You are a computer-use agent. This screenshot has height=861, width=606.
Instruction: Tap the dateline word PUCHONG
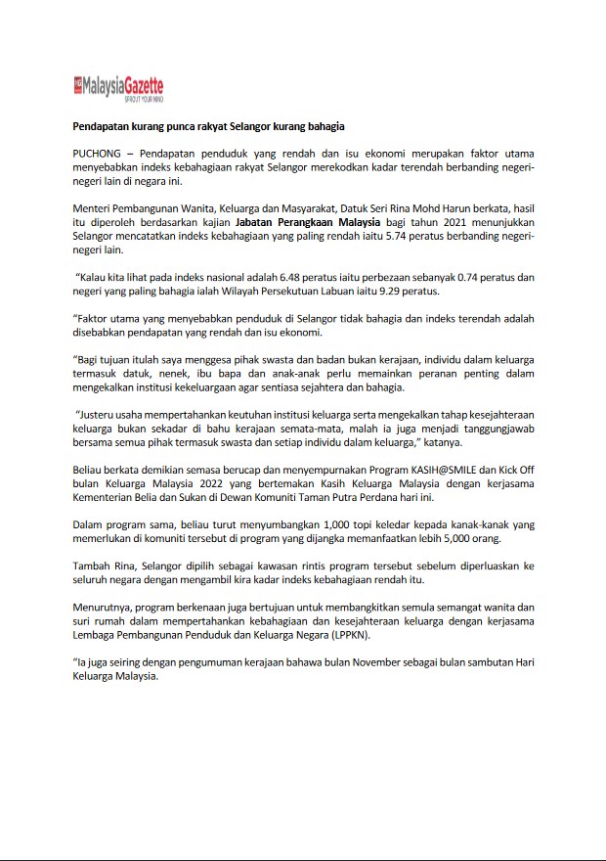tap(100, 155)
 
